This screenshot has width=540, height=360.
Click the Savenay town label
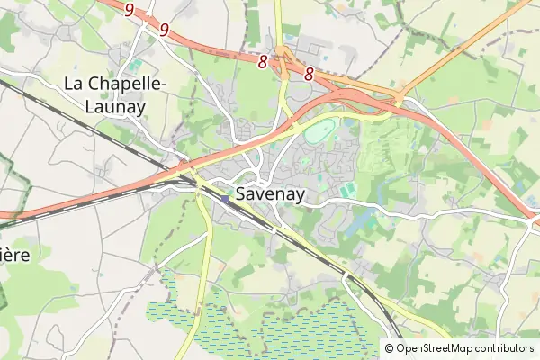[x=271, y=193]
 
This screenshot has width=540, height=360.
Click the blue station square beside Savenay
[x=224, y=199]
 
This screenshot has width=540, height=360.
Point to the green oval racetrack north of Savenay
[x=319, y=134]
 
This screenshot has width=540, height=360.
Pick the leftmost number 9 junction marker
[x=130, y=10]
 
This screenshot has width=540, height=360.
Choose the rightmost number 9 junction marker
[x=164, y=30]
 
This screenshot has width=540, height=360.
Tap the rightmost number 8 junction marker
[x=309, y=76]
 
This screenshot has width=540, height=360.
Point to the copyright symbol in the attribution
[x=389, y=348]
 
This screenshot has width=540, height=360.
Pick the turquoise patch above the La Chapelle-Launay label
[x=135, y=65]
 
